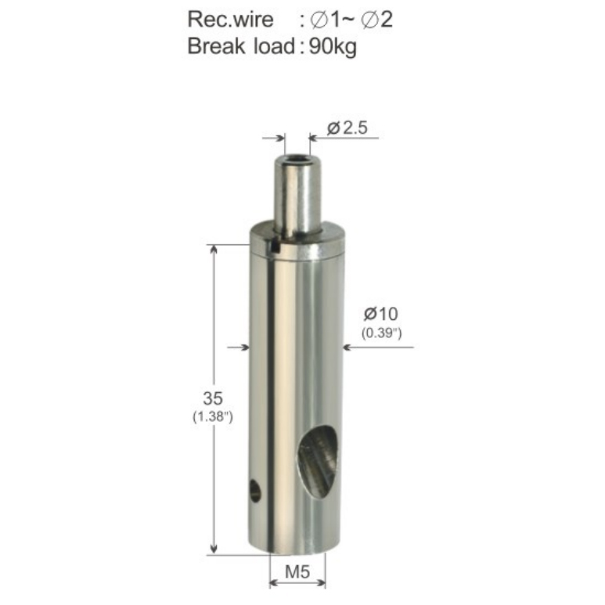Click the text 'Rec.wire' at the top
(230, 20)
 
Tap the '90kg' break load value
(333, 47)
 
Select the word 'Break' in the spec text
(216, 46)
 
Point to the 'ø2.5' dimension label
(348, 128)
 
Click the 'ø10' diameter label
(381, 314)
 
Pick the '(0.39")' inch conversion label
(382, 333)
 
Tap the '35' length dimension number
(213, 398)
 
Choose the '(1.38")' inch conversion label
(213, 416)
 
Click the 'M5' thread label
(297, 571)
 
